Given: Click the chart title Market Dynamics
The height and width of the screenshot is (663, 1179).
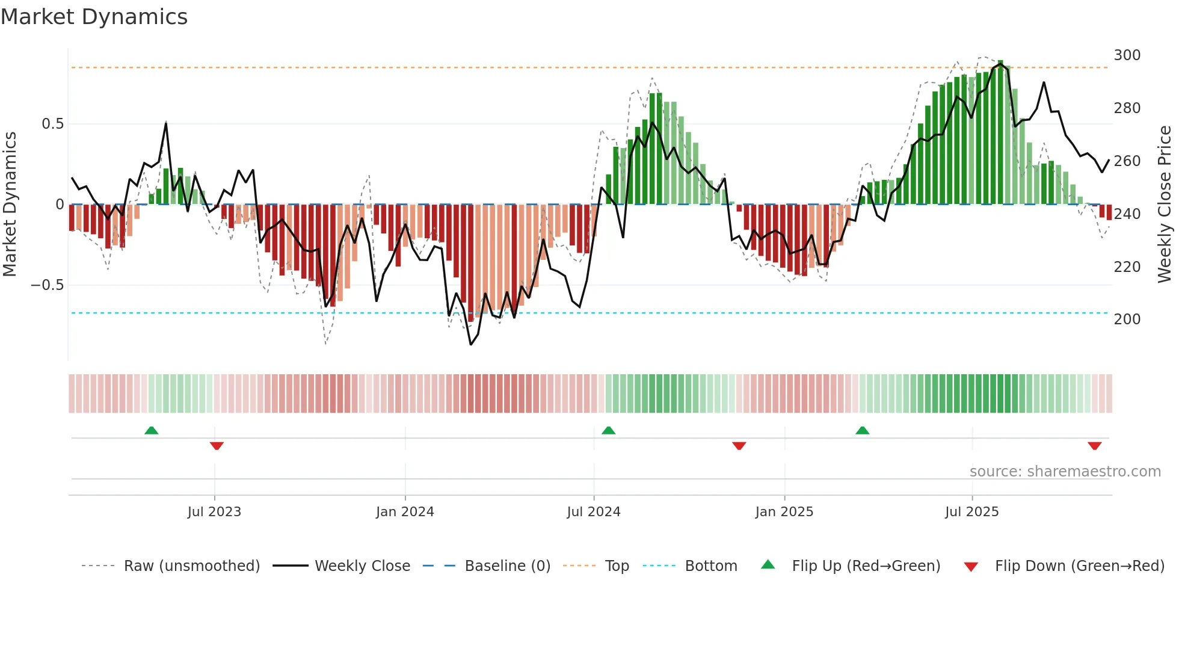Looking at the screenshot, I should (94, 17).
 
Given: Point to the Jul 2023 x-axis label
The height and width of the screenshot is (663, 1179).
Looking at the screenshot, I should (214, 512).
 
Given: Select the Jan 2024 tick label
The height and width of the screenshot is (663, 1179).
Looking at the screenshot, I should (405, 512).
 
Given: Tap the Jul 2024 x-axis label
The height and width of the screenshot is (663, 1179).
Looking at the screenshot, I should (594, 512).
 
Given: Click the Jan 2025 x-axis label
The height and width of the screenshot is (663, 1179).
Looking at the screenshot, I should (784, 512).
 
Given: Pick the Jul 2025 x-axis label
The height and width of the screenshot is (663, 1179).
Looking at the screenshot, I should (972, 512).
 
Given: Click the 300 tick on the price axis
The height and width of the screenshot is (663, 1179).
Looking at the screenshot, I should (1127, 55).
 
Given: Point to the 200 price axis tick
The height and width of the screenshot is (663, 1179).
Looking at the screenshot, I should (1127, 319).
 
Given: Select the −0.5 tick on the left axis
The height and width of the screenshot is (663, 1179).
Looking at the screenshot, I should (48, 285).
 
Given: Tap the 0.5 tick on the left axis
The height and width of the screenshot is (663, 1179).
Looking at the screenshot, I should (52, 124).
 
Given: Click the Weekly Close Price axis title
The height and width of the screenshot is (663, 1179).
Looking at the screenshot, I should (1165, 204).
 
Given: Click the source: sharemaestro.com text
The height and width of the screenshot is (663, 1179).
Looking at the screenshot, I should (1065, 472).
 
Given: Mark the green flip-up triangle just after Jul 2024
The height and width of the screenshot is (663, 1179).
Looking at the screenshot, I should (608, 430).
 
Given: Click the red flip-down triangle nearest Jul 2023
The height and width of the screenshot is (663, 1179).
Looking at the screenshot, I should (217, 446).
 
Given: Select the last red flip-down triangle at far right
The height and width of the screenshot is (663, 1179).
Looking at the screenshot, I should (1094, 446).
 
